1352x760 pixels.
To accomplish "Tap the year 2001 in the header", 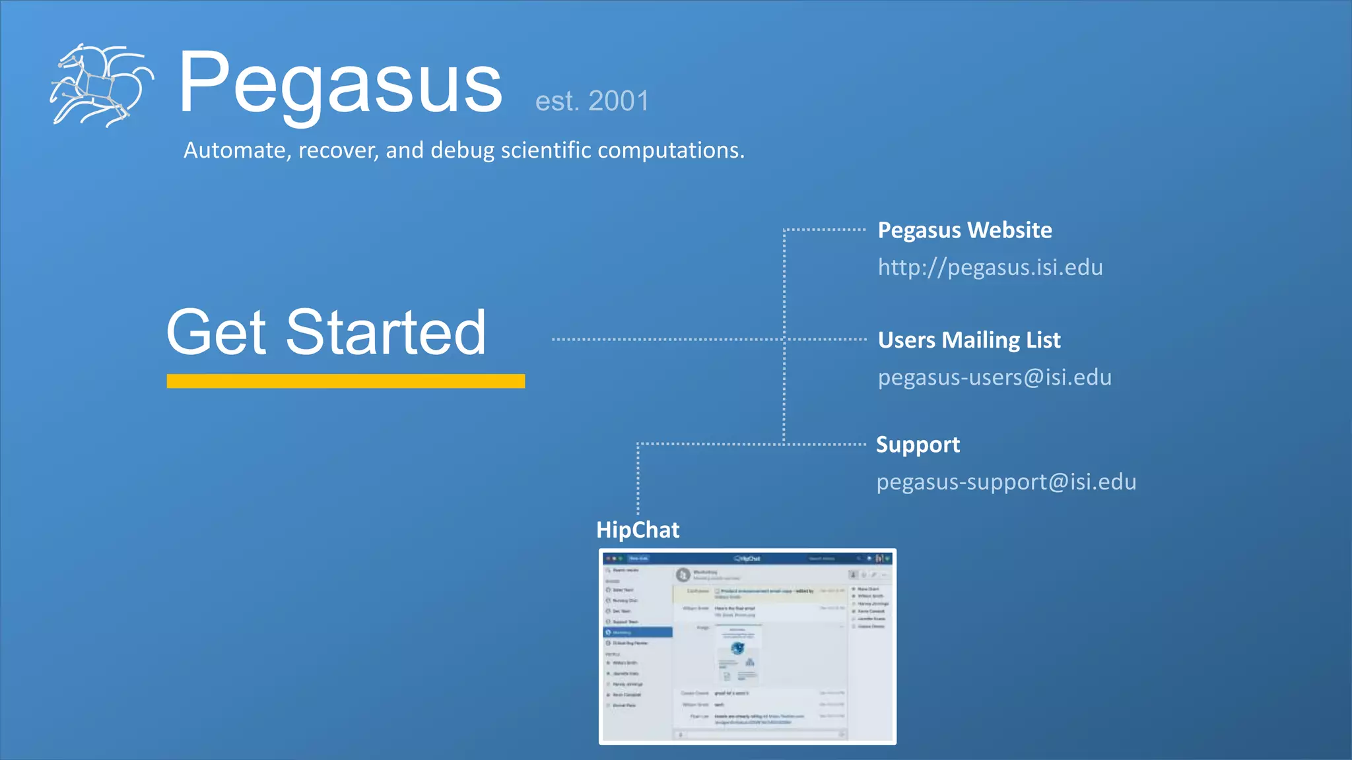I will [x=619, y=101].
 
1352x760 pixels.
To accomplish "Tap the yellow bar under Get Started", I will [x=346, y=381].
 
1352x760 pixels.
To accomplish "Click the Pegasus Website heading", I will [x=964, y=230].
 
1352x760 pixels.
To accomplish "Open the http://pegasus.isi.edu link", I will [x=990, y=267].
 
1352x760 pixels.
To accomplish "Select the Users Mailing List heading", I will [x=968, y=340].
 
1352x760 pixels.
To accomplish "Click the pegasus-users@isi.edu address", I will [x=994, y=377].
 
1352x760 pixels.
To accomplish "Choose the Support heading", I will [x=918, y=445].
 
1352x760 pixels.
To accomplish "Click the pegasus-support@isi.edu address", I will [x=1005, y=482].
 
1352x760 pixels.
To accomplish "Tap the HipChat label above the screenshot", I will [x=638, y=530].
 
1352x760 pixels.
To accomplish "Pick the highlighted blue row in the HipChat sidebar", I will [x=638, y=632].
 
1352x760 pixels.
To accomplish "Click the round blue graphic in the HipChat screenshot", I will [x=737, y=648].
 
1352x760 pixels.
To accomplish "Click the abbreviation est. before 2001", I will [x=557, y=102].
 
